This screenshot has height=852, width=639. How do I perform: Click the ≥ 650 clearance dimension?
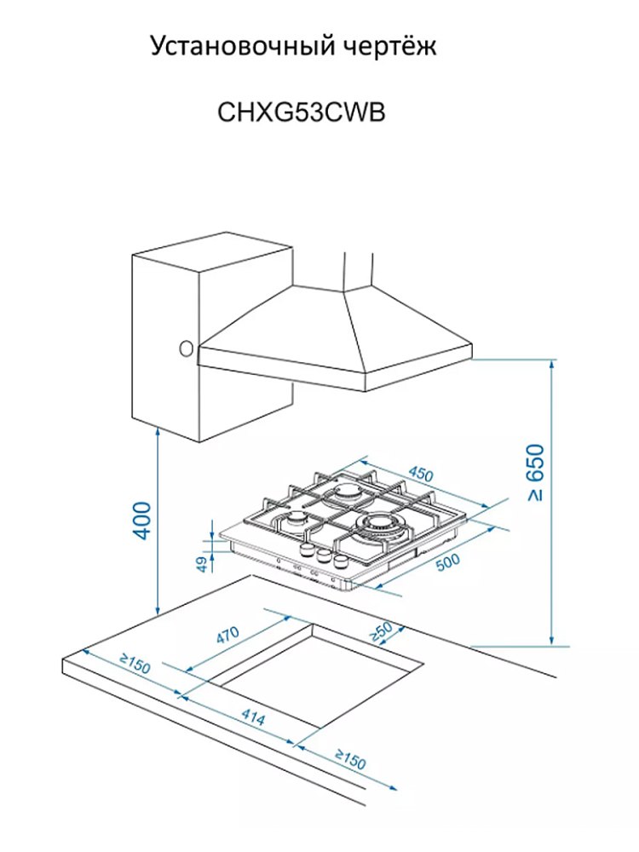pyautogui.click(x=535, y=473)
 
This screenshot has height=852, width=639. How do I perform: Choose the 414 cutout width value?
pyautogui.click(x=252, y=718)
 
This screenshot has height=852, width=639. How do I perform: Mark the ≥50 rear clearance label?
pyautogui.click(x=380, y=631)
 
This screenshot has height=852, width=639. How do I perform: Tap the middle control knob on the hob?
pyautogui.click(x=324, y=556)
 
